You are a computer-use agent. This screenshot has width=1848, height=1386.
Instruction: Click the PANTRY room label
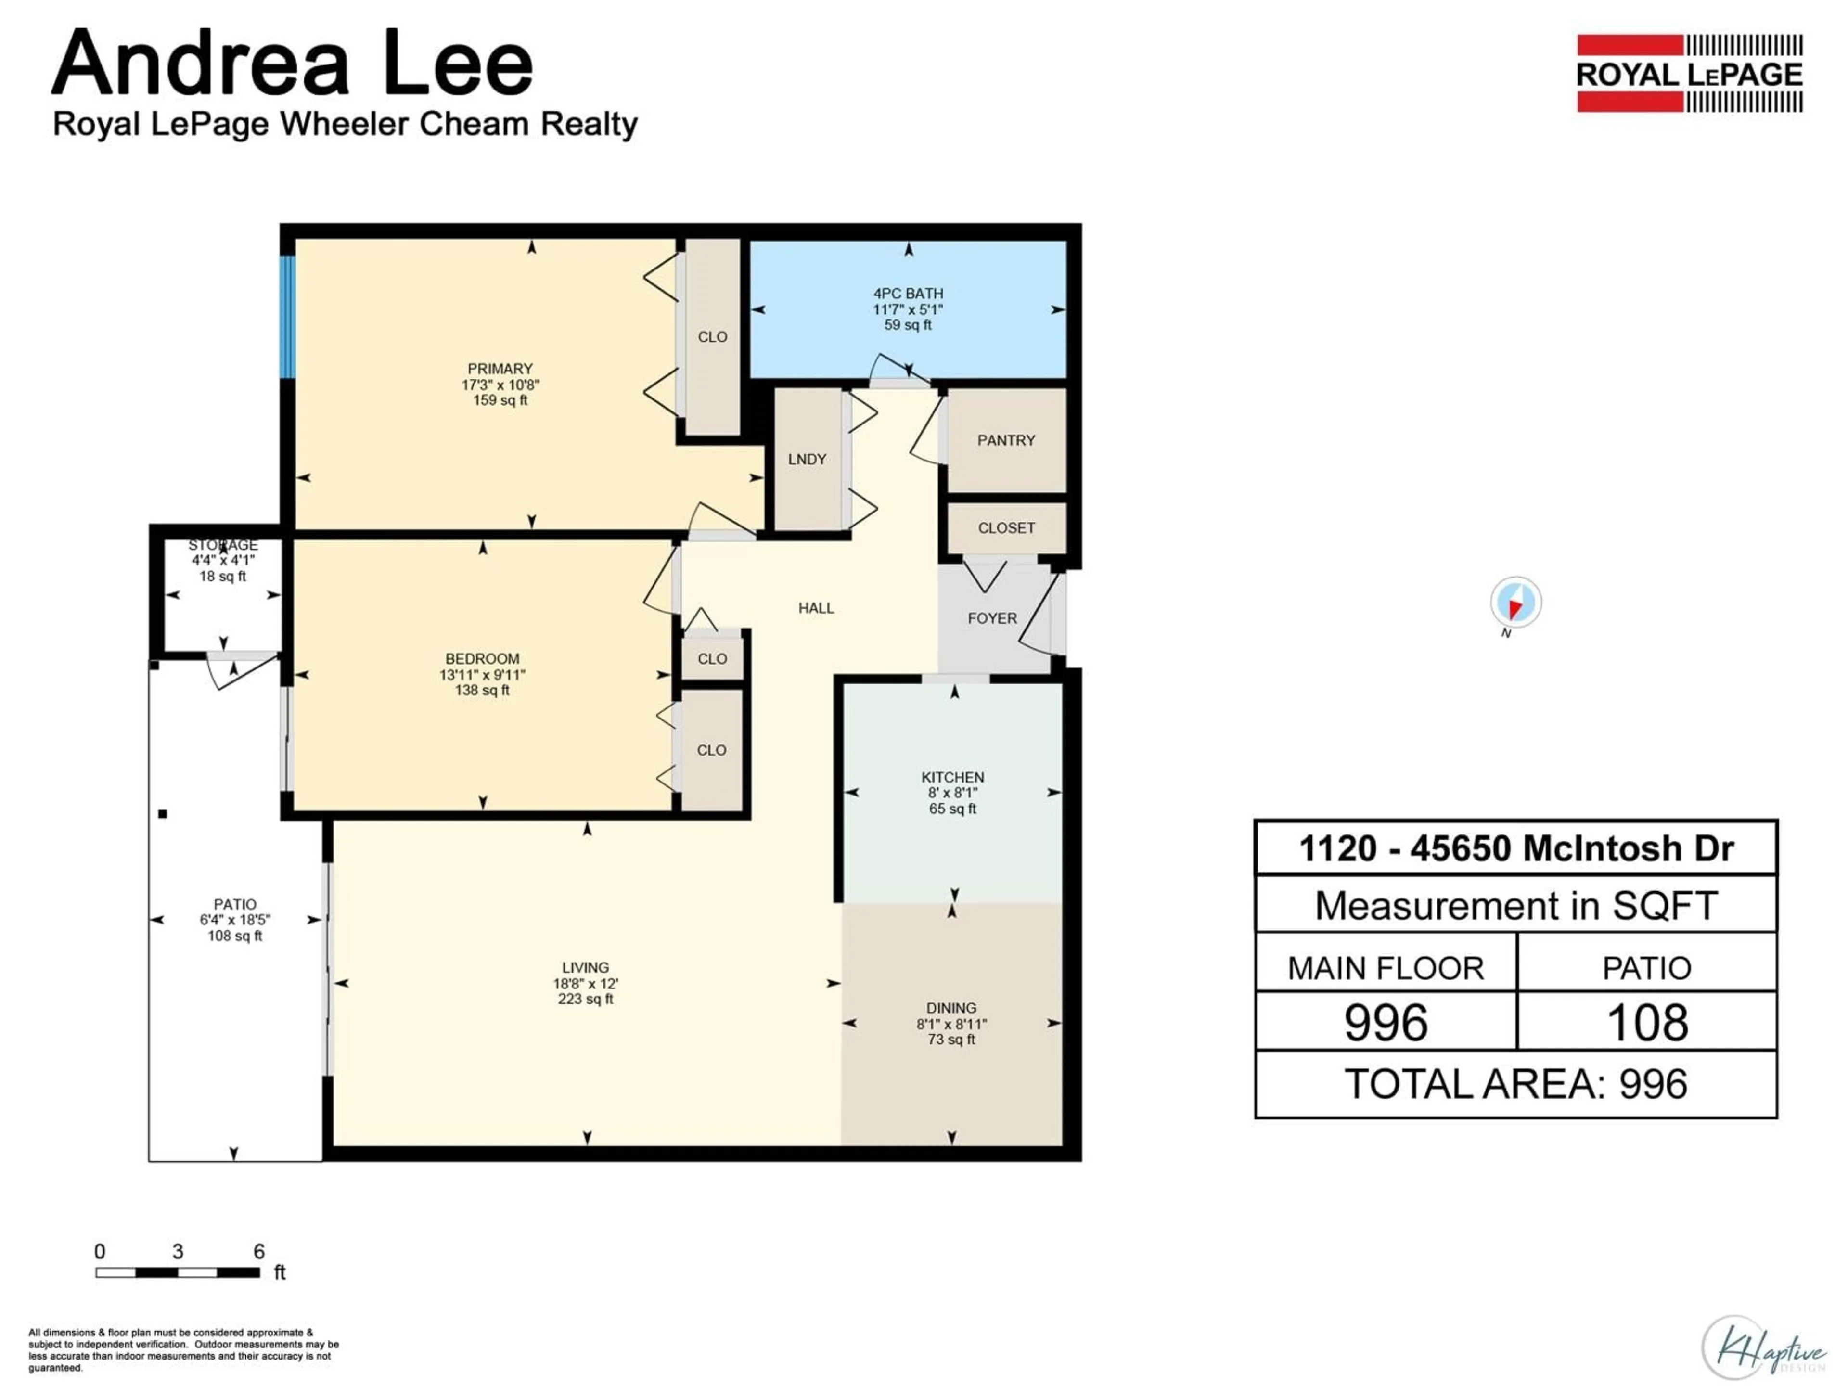1006,440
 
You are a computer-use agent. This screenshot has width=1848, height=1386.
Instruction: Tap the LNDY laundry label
807,460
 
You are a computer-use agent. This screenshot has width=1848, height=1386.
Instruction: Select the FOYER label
992,618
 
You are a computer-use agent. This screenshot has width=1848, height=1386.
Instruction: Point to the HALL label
816,608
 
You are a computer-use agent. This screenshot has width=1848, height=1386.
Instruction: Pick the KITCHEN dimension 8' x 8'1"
952,793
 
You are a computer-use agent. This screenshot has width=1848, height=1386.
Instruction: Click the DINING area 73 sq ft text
951,1039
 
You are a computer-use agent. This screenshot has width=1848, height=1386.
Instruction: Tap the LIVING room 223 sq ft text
586,999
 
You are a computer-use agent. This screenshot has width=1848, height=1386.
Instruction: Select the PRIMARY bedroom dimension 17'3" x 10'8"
500,385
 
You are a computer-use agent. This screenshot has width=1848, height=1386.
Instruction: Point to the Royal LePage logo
1689,74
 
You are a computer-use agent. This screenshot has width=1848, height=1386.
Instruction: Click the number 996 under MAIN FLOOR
1386,1023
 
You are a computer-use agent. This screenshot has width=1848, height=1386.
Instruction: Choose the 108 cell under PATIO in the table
1647,1023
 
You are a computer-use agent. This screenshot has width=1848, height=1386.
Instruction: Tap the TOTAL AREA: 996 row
1515,1084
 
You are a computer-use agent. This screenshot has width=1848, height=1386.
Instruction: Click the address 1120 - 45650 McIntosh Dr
1515,849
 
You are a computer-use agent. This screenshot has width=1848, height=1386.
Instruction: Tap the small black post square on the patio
163,814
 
